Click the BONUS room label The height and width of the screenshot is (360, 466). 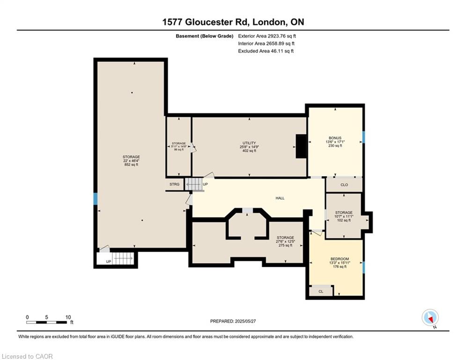click(x=335, y=138)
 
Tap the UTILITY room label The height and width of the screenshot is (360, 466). click(x=249, y=142)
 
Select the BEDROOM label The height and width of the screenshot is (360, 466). click(x=340, y=259)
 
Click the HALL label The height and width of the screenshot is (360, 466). click(x=280, y=198)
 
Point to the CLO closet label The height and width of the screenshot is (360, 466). click(x=344, y=185)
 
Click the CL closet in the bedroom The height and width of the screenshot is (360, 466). click(x=321, y=291)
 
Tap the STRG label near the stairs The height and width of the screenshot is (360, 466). click(x=175, y=184)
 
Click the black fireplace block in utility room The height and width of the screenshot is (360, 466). click(x=301, y=147)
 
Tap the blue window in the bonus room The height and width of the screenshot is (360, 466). click(x=363, y=137)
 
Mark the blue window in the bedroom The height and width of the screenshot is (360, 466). click(x=363, y=268)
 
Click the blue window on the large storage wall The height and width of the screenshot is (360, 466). click(x=95, y=199)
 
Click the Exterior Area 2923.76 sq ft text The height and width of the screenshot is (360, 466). click(x=267, y=36)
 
